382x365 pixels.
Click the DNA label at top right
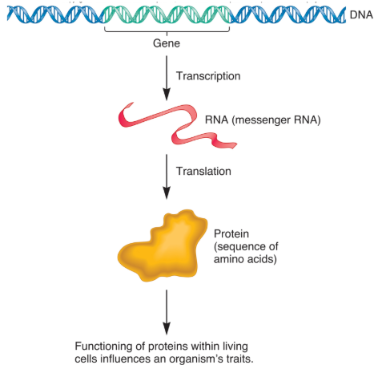(x=360, y=14)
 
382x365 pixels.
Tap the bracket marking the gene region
(x=167, y=30)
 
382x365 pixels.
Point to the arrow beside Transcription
(x=167, y=75)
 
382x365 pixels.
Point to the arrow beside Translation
(x=167, y=176)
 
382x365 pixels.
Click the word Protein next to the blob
(x=231, y=233)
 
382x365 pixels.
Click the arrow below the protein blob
(x=167, y=313)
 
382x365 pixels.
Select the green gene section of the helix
(x=167, y=14)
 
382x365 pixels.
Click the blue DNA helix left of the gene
(x=56, y=14)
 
